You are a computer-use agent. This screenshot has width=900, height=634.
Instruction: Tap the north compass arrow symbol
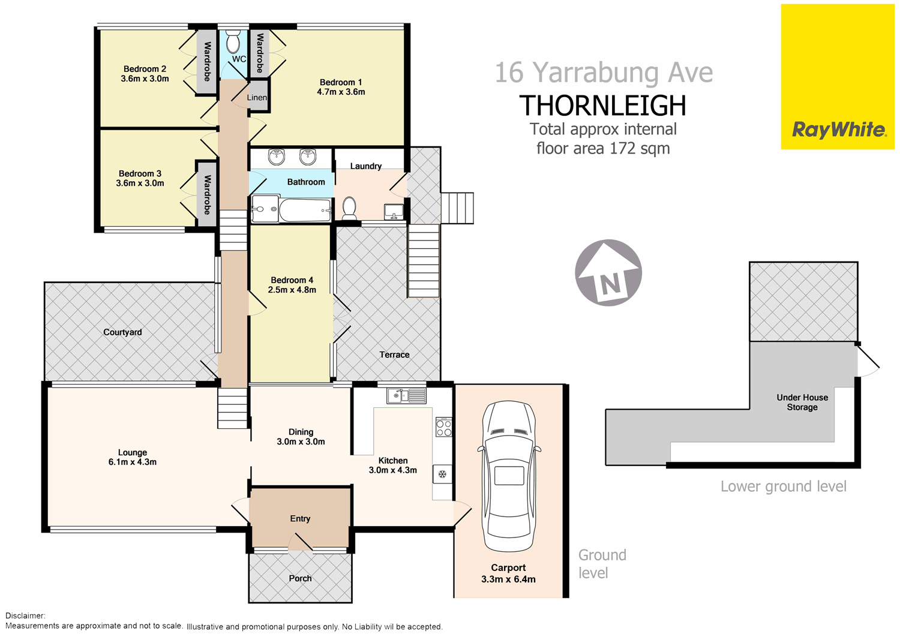[608, 273]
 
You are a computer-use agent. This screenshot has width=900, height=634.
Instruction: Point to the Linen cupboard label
[257, 98]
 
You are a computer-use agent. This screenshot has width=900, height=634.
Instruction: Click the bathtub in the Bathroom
[305, 210]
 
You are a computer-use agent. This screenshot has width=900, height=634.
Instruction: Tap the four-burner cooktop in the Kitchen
[443, 428]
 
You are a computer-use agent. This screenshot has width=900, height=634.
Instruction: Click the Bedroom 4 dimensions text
[292, 290]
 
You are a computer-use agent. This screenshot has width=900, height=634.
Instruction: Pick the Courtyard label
[122, 332]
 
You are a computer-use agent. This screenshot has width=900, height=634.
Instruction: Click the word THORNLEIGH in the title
[602, 106]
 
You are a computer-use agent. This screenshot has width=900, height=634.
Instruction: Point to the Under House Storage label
[802, 402]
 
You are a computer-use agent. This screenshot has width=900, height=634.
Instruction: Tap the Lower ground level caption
[783, 486]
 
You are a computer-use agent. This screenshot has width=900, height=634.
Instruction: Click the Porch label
[300, 578]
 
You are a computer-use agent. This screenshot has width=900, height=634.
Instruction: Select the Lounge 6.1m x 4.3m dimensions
[133, 462]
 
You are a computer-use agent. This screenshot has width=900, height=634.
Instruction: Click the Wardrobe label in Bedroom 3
[207, 194]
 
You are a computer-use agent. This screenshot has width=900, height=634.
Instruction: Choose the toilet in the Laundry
[349, 208]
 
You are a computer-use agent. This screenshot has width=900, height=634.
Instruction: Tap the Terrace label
[394, 354]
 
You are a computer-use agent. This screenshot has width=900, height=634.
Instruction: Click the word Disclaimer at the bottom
[25, 615]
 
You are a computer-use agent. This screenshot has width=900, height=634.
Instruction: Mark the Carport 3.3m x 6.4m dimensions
[508, 579]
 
